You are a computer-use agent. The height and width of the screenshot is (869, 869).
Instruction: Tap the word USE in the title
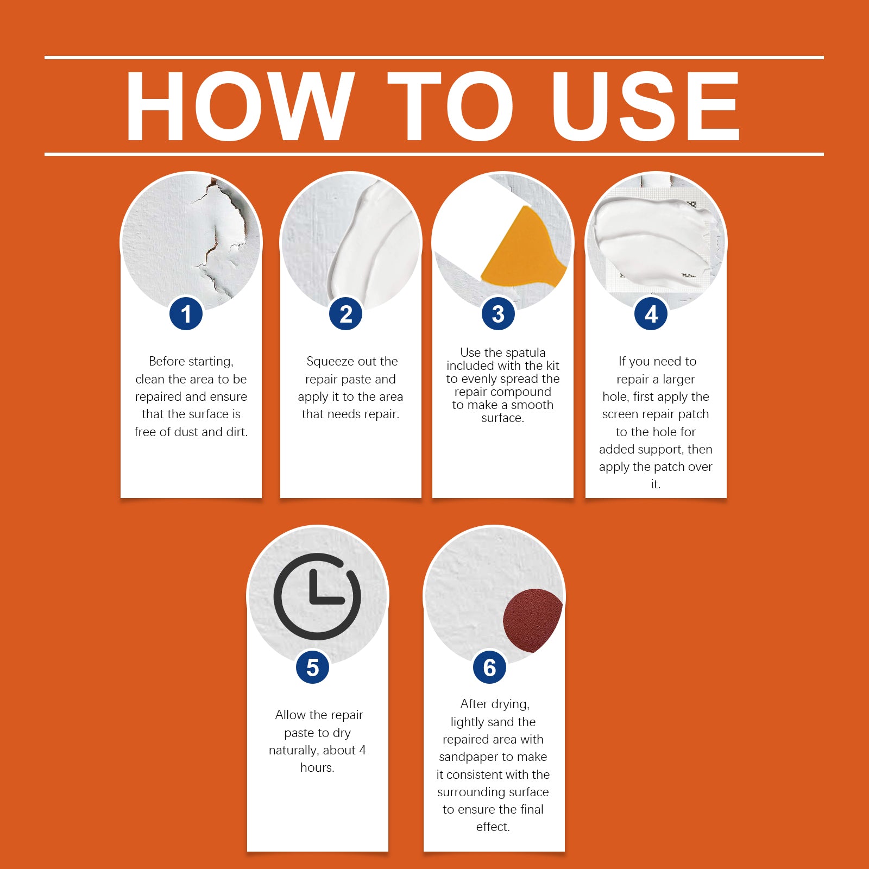pos(646,106)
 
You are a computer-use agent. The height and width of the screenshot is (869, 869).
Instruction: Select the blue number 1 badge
pos(186,314)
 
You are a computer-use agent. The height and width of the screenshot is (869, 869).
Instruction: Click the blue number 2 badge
pos(346,314)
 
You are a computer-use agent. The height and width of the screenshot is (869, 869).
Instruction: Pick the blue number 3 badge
pos(498,314)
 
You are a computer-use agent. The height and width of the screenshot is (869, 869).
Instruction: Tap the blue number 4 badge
pos(651,314)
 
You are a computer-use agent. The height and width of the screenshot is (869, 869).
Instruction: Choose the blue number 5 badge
pos(312,668)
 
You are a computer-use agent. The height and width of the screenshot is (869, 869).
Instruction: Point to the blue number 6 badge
pos(489,668)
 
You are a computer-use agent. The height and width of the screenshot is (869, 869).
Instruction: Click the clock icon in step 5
pos(317,596)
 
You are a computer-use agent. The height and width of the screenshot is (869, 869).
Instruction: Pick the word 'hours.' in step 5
pos(317,767)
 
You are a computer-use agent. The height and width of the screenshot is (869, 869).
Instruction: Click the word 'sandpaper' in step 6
pos(469,757)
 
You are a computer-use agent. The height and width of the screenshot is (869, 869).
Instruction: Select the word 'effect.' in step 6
pos(493,827)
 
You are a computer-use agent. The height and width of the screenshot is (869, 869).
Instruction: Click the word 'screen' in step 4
pos(620,414)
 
